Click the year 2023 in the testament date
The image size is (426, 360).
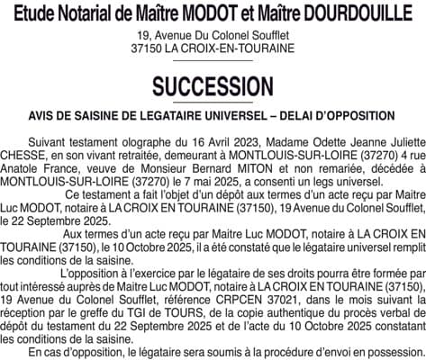tap(243, 143)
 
